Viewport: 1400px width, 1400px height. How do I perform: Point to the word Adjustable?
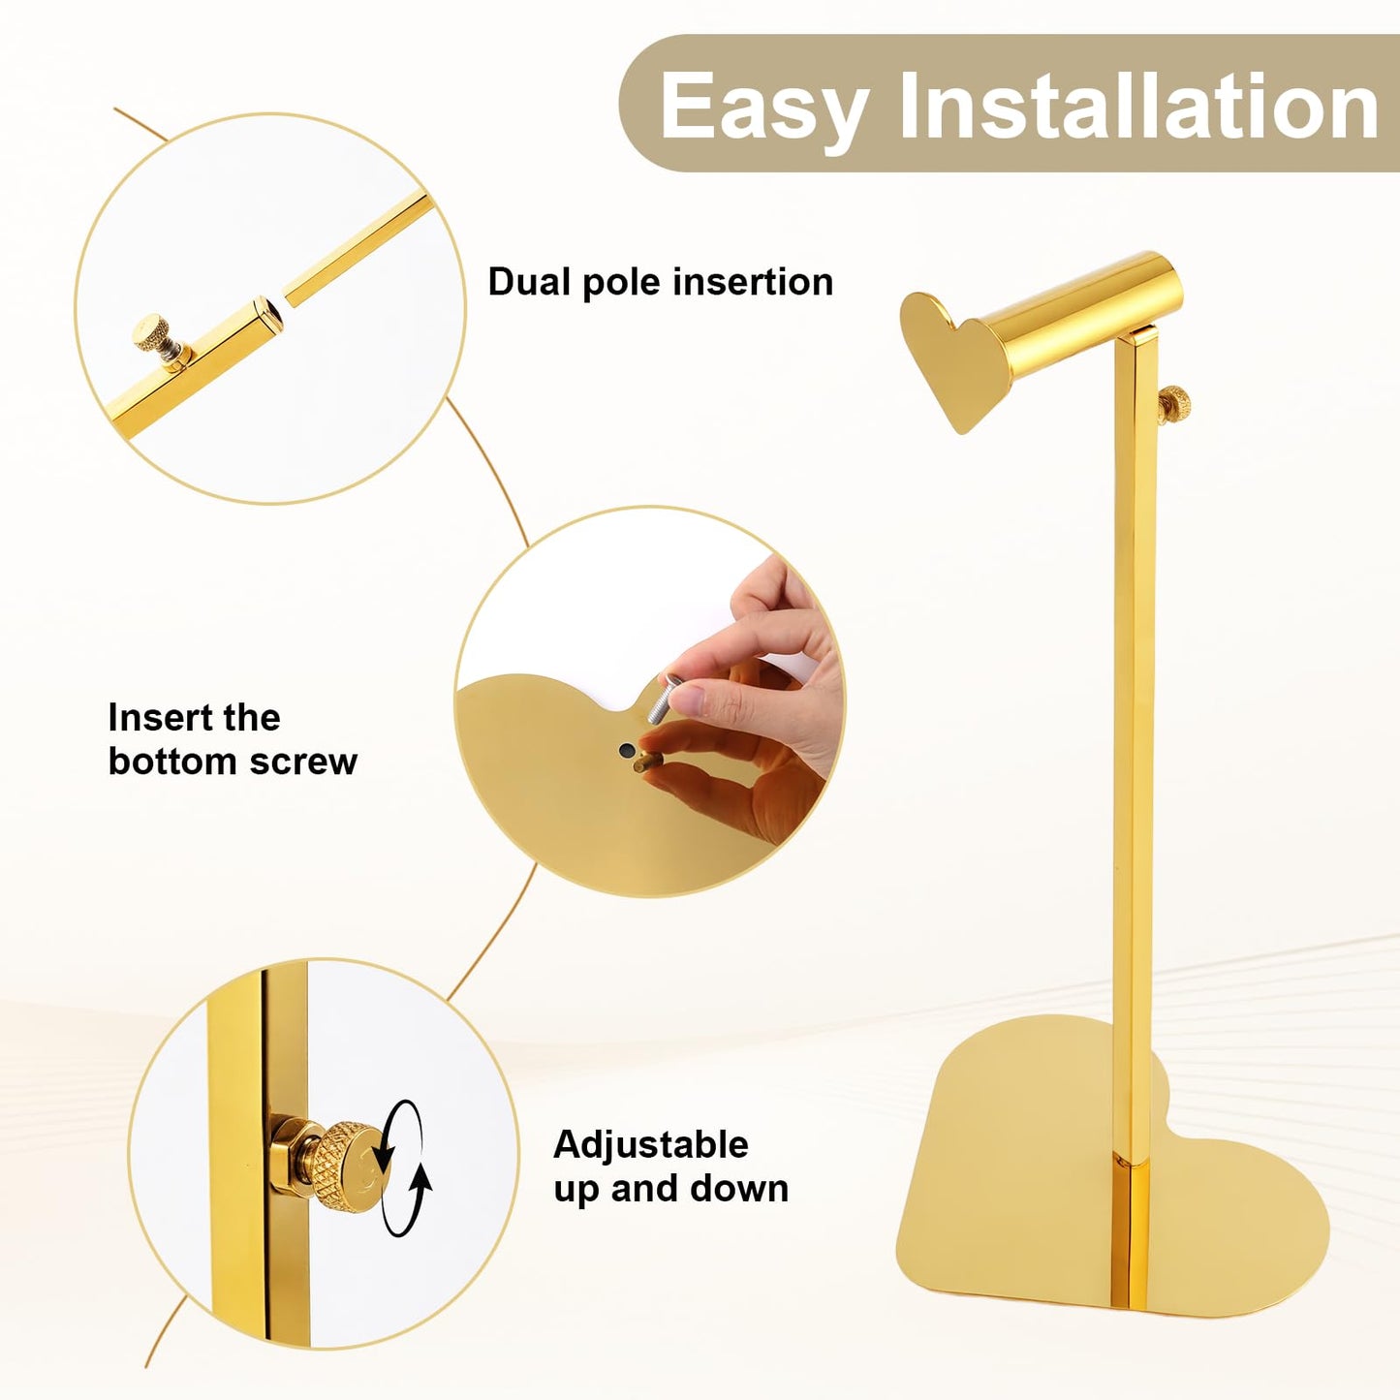click(x=651, y=1144)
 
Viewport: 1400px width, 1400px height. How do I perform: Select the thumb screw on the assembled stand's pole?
click(x=1174, y=405)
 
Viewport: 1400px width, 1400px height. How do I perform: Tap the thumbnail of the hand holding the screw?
click(x=688, y=699)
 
